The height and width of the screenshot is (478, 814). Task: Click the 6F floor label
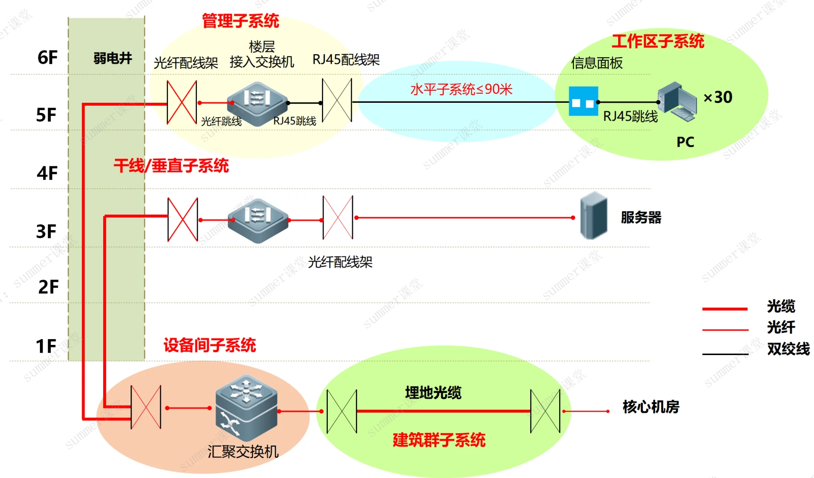click(x=48, y=58)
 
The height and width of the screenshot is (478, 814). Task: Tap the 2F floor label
click(x=48, y=287)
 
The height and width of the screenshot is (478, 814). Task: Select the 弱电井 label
click(x=112, y=58)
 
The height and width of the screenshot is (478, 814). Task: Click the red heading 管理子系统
click(x=240, y=21)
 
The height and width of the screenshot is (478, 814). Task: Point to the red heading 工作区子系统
click(x=658, y=41)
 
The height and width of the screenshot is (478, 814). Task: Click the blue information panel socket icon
click(x=583, y=101)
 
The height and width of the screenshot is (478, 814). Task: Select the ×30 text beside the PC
click(x=718, y=98)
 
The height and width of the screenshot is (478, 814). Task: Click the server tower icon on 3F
click(x=594, y=216)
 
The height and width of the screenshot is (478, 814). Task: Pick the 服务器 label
click(x=641, y=218)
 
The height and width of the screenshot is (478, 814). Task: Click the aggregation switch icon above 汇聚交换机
click(x=246, y=408)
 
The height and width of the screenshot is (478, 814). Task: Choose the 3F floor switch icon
click(x=258, y=220)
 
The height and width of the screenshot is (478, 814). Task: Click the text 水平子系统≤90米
click(x=461, y=89)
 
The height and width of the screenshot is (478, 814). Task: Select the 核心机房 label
click(x=651, y=407)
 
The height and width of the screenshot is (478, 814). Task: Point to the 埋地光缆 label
click(x=433, y=393)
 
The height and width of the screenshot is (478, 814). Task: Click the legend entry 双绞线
click(x=788, y=349)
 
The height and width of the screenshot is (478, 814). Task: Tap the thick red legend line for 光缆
click(x=725, y=309)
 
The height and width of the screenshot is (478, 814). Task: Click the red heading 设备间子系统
click(x=210, y=345)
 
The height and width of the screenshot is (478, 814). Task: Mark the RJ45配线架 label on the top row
click(x=346, y=60)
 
